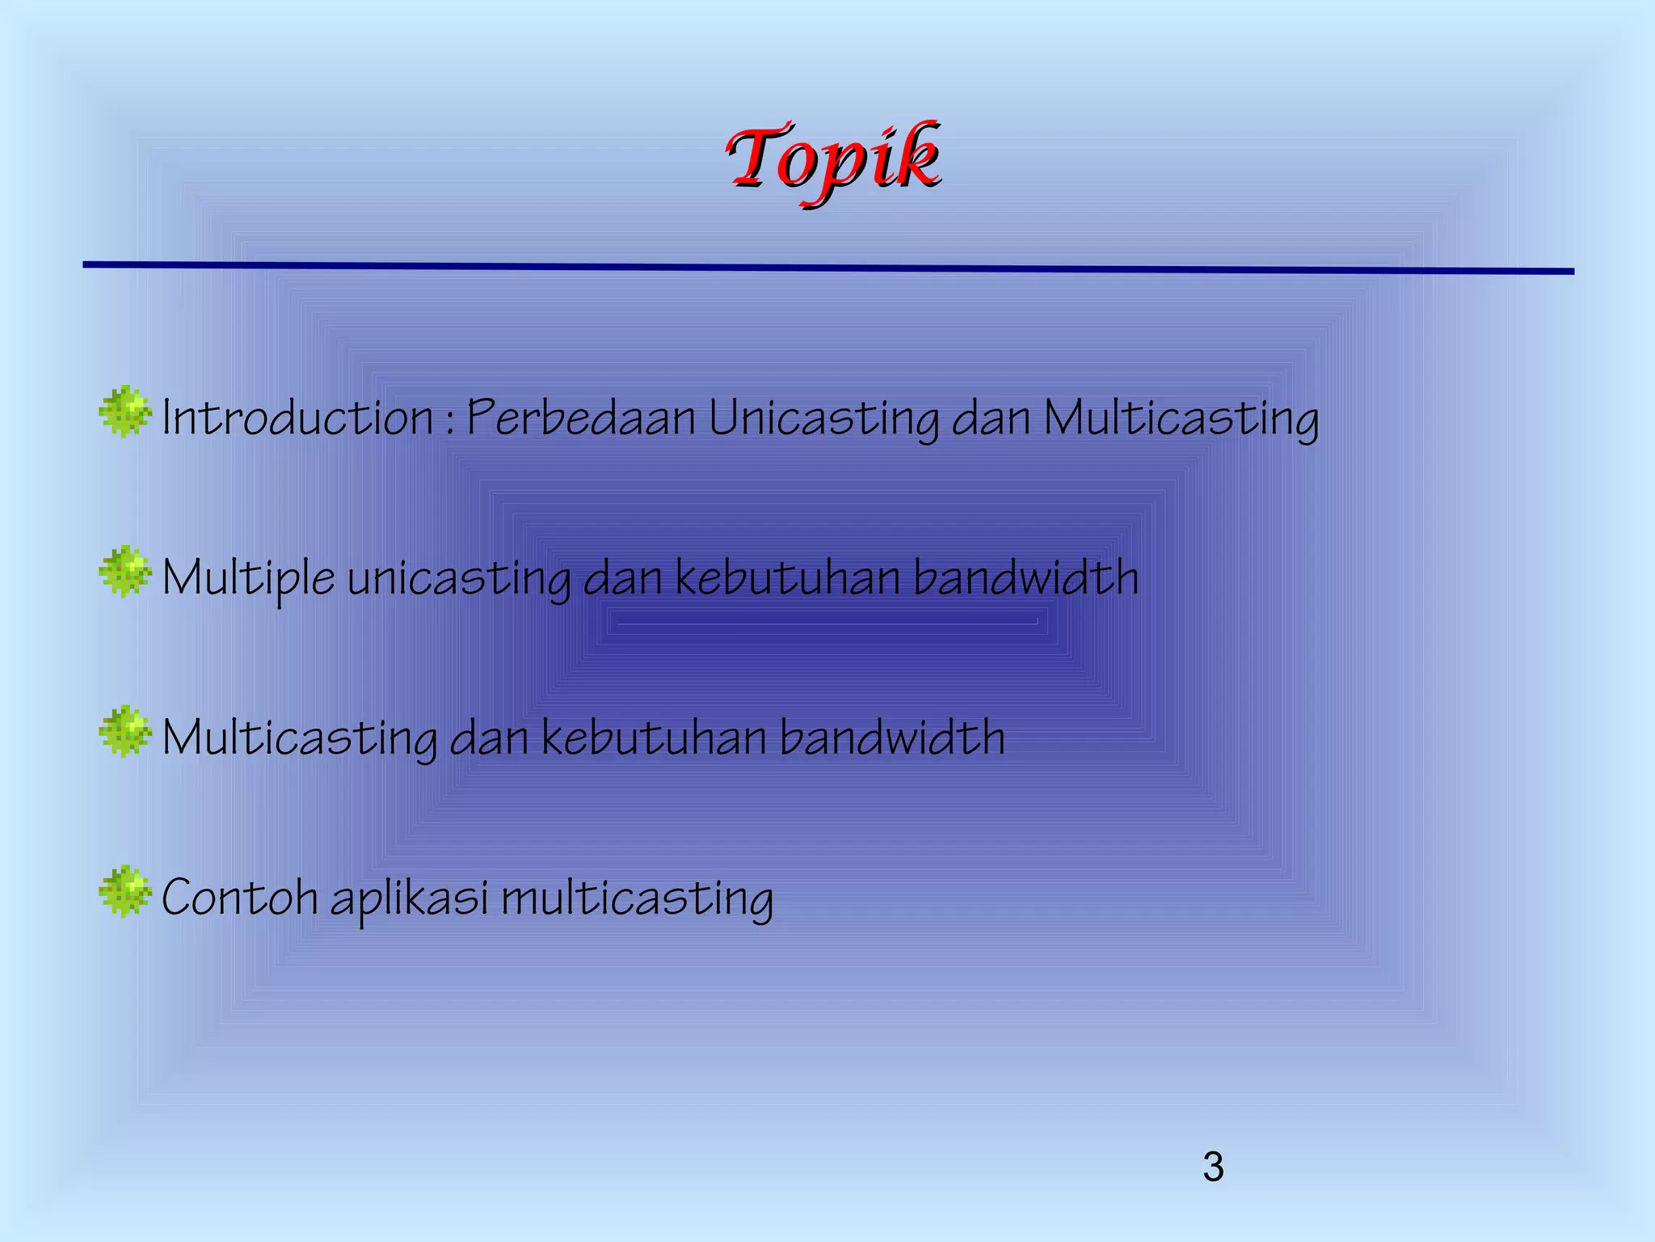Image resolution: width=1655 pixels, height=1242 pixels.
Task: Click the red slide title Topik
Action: click(832, 158)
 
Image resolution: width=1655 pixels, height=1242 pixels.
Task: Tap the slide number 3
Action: click(1213, 1168)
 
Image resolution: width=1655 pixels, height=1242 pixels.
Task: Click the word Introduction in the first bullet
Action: click(297, 418)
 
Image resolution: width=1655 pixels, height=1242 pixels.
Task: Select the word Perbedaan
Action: click(581, 418)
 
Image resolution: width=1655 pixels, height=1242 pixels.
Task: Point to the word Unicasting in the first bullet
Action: click(823, 420)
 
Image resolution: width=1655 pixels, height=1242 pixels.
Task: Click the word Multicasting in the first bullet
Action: click(1181, 420)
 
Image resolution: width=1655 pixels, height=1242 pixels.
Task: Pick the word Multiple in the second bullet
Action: click(248, 579)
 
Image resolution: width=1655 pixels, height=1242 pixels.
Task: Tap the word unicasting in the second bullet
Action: click(458, 579)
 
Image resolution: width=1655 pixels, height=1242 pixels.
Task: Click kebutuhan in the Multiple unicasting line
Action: click(788, 577)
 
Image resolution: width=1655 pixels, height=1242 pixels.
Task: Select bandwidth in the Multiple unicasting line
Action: click(1026, 577)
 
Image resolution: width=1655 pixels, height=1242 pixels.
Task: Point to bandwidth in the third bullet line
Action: click(892, 737)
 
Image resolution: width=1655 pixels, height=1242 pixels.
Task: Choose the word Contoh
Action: click(239, 898)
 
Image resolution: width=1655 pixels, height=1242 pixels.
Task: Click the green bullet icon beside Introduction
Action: click(124, 412)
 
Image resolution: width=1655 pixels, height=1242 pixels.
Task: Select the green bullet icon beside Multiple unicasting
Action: click(124, 572)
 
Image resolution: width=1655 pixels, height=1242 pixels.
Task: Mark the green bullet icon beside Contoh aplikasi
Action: click(124, 891)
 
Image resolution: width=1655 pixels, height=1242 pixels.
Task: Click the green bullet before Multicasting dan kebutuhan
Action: click(124, 732)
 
